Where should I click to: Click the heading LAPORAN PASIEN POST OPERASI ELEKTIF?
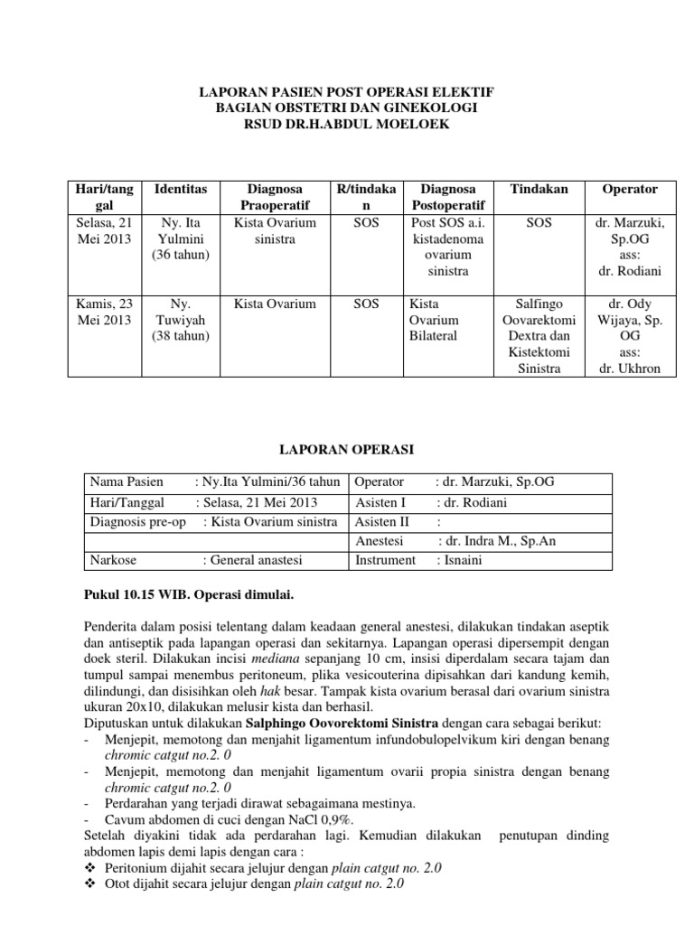(346, 92)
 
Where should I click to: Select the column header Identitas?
(181, 189)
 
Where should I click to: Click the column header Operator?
(629, 189)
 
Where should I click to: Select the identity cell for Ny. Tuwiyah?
(181, 320)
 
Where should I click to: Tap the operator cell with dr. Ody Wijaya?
(629, 336)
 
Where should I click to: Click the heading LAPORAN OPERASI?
(346, 448)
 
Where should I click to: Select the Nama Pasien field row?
(213, 481)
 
